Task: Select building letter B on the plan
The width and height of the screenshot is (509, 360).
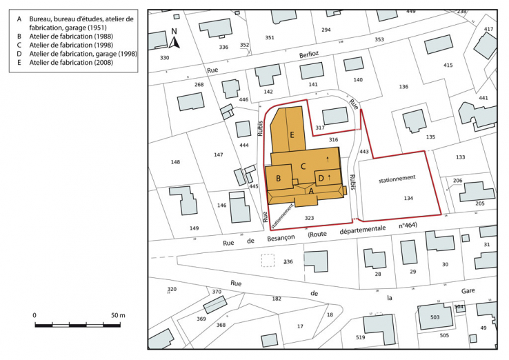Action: (x=277, y=179)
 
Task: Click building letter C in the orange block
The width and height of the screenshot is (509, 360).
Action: (x=303, y=166)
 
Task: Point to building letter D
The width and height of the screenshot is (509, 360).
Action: (x=321, y=179)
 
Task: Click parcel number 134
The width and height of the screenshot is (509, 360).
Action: (x=408, y=198)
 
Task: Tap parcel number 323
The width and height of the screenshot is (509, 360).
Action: (x=309, y=218)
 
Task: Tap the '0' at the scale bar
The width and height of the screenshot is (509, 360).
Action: (x=34, y=314)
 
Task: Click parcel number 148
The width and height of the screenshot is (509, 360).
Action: (x=175, y=162)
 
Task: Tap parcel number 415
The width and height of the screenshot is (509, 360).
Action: (x=448, y=65)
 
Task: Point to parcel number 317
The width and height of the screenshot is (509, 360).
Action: (x=319, y=128)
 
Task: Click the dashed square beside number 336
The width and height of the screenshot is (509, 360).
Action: (x=268, y=261)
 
